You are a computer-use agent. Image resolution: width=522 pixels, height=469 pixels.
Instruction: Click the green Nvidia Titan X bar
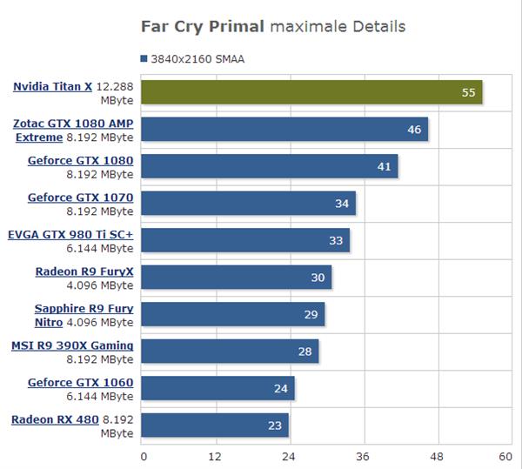311,92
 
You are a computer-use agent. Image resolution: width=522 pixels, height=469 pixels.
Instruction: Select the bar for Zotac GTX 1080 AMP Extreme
284,130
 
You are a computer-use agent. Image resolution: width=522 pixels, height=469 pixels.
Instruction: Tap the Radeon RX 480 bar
214,425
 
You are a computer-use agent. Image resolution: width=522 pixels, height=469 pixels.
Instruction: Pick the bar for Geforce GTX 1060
217,388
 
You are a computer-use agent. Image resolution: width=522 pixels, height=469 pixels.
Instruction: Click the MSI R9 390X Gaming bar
229,352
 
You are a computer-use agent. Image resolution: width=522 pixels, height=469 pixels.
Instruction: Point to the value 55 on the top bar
469,92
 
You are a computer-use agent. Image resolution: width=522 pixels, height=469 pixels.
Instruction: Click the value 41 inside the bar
385,166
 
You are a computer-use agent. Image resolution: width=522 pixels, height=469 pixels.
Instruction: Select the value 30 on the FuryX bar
318,278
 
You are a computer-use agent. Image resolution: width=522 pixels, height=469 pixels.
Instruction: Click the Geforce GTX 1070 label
80,198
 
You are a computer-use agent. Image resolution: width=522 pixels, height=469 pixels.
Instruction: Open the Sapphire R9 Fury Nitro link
84,309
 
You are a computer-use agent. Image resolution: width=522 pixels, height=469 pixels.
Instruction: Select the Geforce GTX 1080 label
80,161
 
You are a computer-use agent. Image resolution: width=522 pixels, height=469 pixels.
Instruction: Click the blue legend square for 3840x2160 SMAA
144,59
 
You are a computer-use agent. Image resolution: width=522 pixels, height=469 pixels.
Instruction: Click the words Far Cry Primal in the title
203,27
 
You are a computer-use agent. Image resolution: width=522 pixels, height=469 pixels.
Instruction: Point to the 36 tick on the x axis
362,456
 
